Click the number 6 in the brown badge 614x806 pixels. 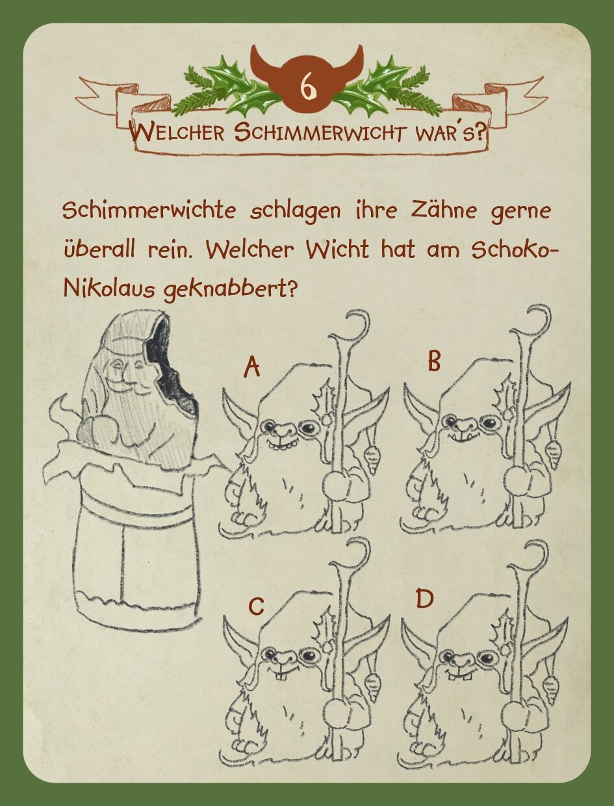(x=307, y=88)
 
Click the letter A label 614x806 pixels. (x=252, y=367)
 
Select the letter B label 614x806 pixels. (x=434, y=361)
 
